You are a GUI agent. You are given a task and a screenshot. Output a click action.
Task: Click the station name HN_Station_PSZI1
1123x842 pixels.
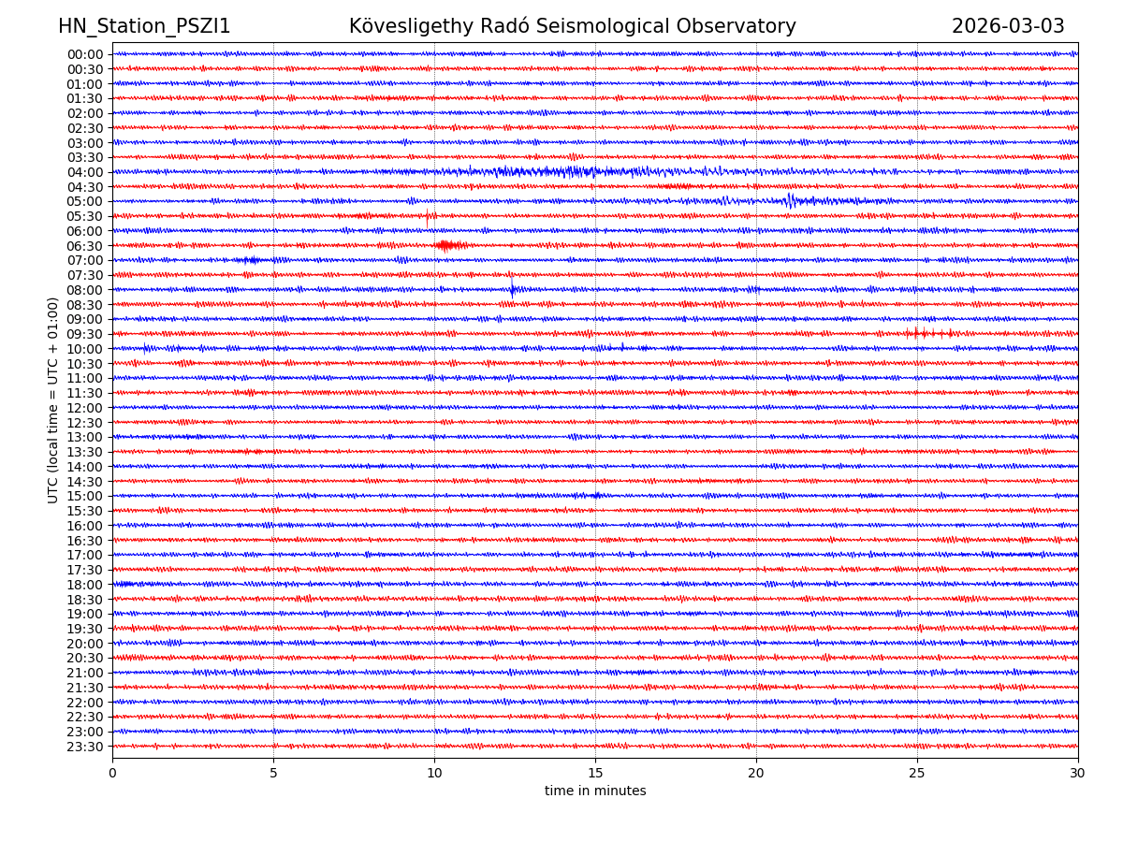pos(144,26)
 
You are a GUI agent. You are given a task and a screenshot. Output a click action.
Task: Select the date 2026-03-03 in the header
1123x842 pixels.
pos(1008,26)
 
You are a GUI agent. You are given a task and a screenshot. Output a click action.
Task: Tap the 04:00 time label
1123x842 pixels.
pos(85,172)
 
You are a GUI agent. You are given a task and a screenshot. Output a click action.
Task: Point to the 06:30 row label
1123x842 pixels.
pos(85,246)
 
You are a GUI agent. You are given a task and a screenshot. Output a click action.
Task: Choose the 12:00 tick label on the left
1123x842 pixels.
pos(85,408)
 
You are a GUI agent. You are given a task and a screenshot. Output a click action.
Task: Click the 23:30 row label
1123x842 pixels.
pos(85,747)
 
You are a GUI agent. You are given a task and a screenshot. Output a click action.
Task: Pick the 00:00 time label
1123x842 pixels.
pos(85,54)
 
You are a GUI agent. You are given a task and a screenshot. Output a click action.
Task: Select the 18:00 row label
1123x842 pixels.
pos(85,585)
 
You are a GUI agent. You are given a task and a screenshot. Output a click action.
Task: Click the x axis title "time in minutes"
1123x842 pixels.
pos(595,791)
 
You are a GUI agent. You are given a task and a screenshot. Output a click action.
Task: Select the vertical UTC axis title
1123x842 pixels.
pos(53,400)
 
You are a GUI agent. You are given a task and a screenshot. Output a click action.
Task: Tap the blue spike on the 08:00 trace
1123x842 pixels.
pos(512,289)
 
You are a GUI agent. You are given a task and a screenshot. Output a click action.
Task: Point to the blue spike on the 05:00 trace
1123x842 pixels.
pos(790,200)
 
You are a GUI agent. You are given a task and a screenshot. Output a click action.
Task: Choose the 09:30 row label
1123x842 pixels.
pos(85,334)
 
